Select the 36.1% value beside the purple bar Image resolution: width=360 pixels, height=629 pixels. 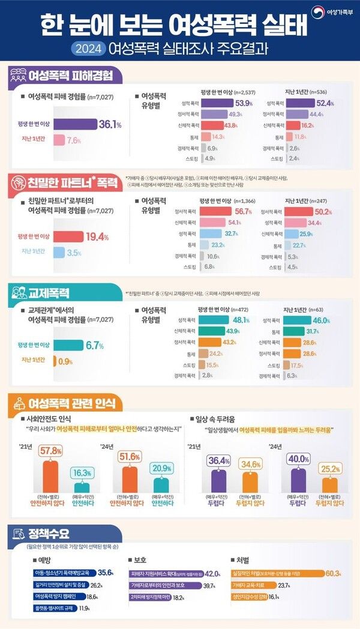click(110, 124)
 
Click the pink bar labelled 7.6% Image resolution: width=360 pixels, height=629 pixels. click(58, 140)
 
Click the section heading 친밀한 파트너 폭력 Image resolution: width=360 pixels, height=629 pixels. click(66, 180)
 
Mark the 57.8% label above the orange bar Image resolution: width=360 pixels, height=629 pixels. click(51, 451)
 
